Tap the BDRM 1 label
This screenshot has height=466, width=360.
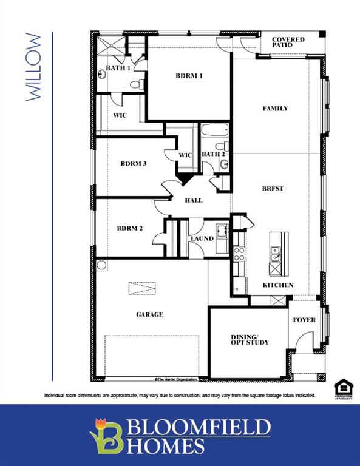[x=189, y=76]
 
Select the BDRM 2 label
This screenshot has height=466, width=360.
[x=130, y=228]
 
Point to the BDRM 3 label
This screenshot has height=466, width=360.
[x=133, y=163]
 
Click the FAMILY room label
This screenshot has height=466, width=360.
[x=274, y=109]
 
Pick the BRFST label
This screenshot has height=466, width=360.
[x=273, y=188]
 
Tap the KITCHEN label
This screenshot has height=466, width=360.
[x=277, y=285]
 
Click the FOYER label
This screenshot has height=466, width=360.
[x=304, y=319]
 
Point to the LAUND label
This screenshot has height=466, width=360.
[x=202, y=238]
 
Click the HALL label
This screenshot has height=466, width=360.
[x=194, y=200]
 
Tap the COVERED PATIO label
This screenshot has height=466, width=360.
[x=288, y=43]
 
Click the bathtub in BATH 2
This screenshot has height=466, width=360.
[x=214, y=130]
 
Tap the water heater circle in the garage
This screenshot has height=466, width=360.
[x=101, y=265]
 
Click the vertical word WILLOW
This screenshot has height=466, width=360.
[x=35, y=67]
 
